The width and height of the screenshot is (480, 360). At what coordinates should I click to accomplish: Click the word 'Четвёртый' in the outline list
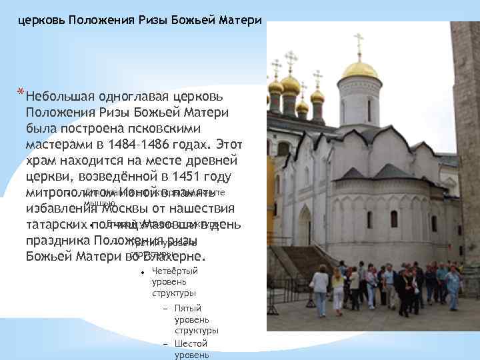point(175,271)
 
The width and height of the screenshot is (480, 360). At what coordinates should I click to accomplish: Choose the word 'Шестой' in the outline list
point(190,343)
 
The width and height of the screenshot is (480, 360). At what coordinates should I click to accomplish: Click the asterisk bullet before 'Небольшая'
point(21,92)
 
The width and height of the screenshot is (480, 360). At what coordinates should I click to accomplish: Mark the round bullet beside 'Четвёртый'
point(143,272)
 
